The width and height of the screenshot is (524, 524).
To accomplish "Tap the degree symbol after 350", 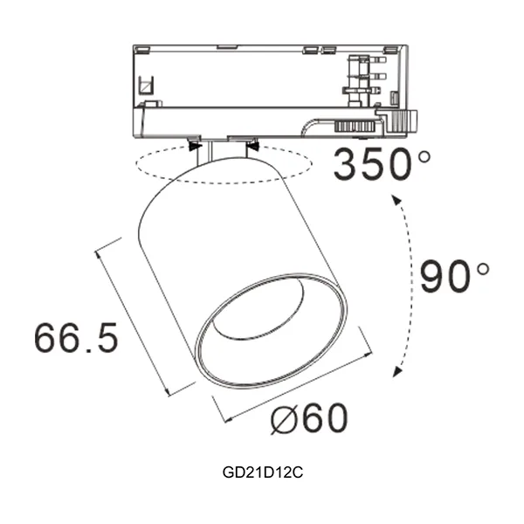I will click(424, 158).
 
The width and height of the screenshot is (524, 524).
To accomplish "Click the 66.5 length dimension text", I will click(77, 337).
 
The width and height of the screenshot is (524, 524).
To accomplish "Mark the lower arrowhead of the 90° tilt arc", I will click(397, 373).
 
